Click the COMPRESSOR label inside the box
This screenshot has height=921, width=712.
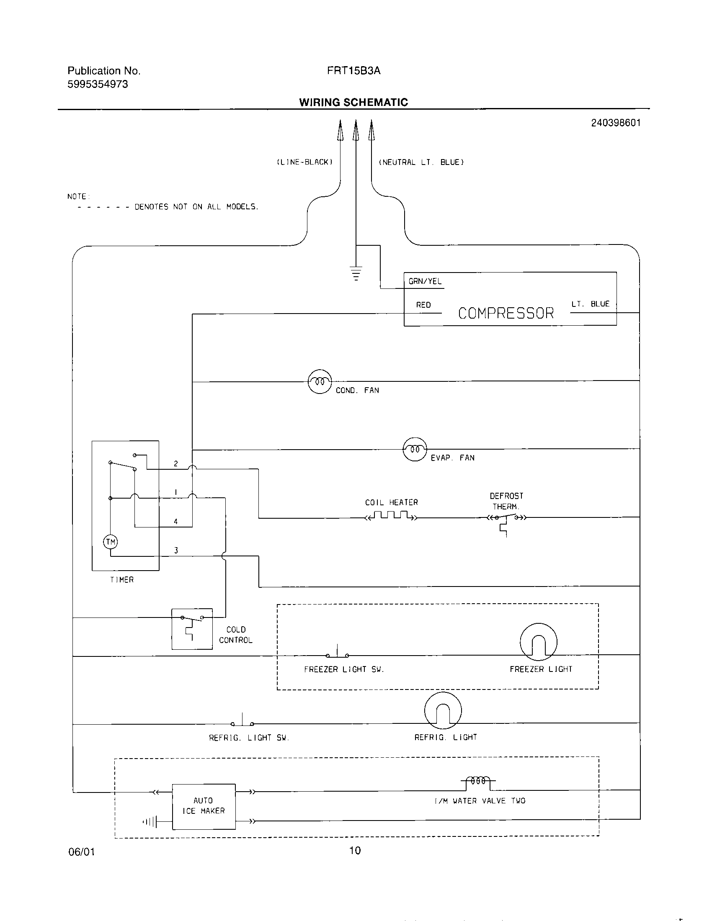pyautogui.click(x=506, y=313)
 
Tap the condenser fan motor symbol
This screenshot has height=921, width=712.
pyautogui.click(x=320, y=382)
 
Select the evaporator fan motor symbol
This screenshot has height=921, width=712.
pyautogui.click(x=415, y=450)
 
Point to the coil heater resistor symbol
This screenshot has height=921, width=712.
pyautogui.click(x=391, y=516)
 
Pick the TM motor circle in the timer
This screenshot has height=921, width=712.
pyautogui.click(x=111, y=542)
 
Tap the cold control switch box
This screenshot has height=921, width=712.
pyautogui.click(x=192, y=629)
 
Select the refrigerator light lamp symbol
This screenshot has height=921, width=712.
pyautogui.click(x=443, y=711)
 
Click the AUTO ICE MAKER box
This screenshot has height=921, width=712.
pyautogui.click(x=204, y=806)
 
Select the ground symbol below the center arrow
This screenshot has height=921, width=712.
pyautogui.click(x=356, y=273)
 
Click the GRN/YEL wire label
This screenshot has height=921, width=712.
pyautogui.click(x=425, y=281)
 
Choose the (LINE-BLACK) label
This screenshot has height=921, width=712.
pyautogui.click(x=304, y=162)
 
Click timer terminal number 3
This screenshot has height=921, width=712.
pyautogui.click(x=176, y=551)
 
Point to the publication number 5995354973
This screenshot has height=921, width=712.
pyautogui.click(x=98, y=84)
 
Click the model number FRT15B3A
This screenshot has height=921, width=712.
pyautogui.click(x=353, y=71)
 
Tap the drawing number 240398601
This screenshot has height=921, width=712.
pyautogui.click(x=615, y=123)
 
